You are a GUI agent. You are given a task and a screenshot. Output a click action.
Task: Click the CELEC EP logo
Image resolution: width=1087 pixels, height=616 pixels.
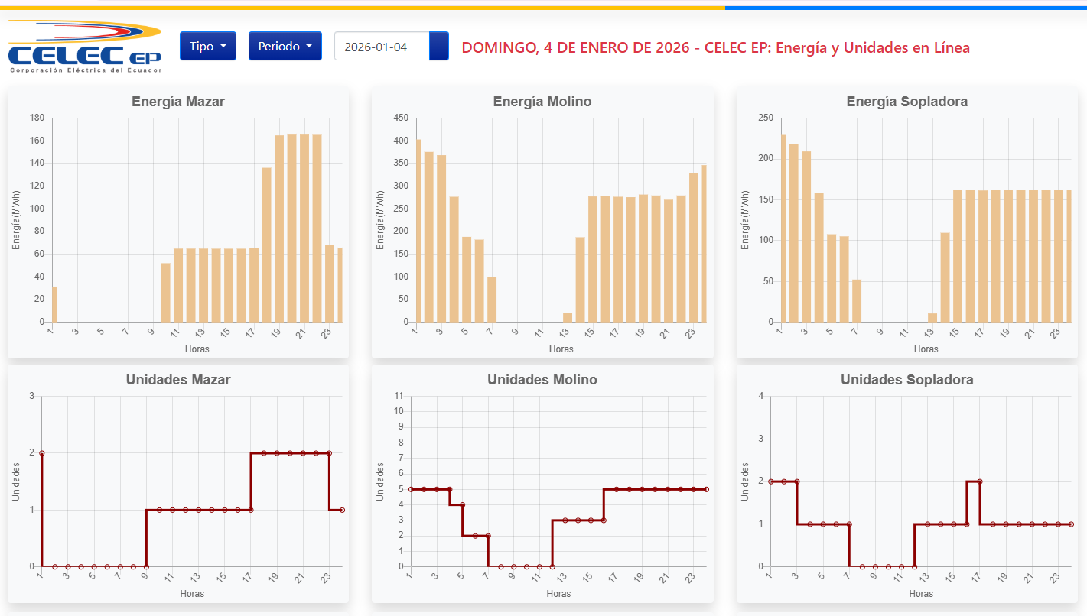[84, 47]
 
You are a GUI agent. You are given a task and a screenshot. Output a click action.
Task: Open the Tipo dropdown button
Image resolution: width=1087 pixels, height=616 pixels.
[207, 46]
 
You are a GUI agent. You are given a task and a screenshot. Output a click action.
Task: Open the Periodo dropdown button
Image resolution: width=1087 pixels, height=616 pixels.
[285, 46]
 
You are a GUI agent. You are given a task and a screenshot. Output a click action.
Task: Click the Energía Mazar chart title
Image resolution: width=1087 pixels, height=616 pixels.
[178, 102]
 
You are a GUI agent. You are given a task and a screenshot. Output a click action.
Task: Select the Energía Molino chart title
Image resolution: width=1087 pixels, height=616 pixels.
[542, 102]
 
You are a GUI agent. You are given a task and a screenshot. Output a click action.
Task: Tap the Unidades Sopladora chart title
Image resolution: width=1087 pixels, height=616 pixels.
[907, 380]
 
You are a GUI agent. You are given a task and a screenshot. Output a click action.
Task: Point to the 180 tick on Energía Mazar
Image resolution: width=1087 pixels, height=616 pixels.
[37, 118]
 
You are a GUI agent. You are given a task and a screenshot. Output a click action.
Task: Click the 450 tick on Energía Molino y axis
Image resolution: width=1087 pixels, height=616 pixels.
[402, 118]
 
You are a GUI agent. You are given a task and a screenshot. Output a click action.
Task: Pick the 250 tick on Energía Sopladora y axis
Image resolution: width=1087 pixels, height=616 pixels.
[766, 118]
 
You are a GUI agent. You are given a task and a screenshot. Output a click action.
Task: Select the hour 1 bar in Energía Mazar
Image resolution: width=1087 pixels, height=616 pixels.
[54, 304]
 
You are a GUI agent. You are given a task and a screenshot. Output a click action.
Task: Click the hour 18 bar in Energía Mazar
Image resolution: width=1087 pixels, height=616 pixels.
[267, 245]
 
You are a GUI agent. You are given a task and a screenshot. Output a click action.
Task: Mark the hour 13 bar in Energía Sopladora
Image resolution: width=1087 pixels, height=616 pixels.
[932, 318]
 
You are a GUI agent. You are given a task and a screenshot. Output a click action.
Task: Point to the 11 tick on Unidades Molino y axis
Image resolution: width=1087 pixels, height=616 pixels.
[399, 396]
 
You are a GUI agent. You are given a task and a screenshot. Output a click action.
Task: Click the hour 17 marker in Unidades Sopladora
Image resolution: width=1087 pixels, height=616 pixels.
[980, 481]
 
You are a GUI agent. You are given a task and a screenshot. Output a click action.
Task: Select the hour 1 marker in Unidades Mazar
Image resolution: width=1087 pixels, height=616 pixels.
[42, 453]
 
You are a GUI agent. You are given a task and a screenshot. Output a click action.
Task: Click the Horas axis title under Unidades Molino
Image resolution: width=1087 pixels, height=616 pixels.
[559, 594]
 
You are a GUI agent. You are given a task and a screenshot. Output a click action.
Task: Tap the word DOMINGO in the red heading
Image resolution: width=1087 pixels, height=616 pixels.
[497, 47]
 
